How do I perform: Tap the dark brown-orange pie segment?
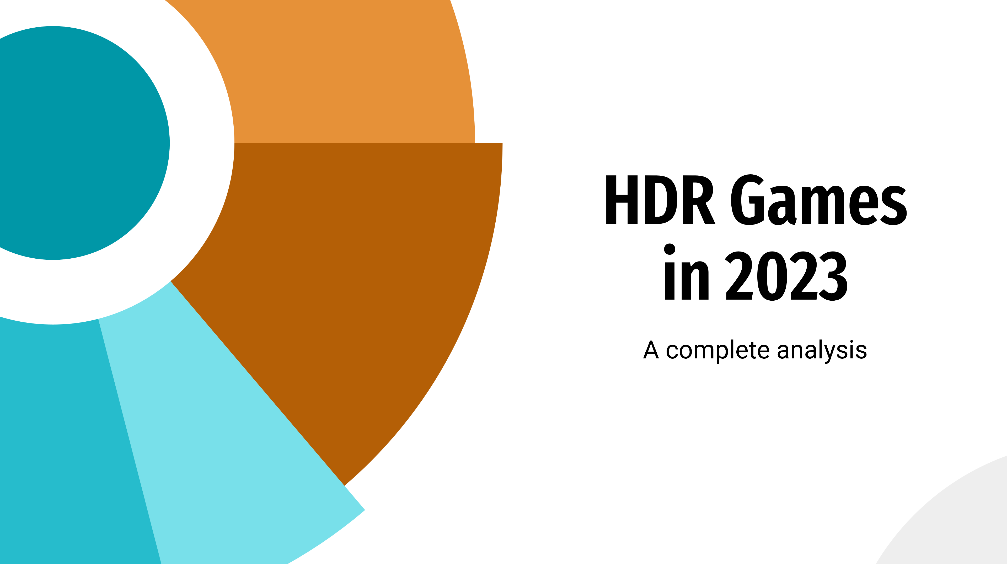(x=352, y=274)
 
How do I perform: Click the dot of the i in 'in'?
(x=670, y=249)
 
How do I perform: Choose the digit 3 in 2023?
(x=833, y=276)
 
